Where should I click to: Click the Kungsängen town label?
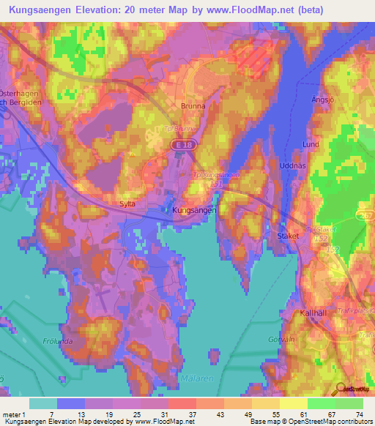tap(194, 209)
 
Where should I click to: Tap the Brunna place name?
tap(193, 105)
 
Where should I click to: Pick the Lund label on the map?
tap(311, 145)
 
